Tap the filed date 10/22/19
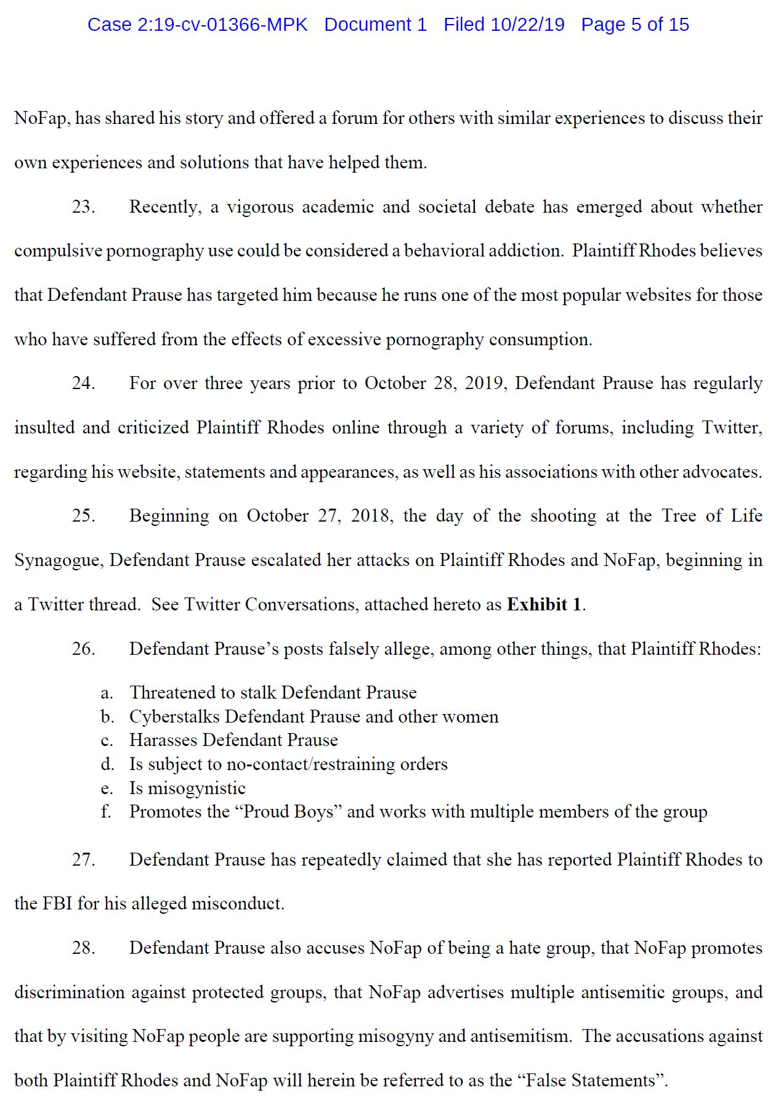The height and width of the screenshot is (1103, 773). point(527,25)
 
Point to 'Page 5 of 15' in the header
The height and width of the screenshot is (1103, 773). point(635,25)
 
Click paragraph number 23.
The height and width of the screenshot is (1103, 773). point(83,207)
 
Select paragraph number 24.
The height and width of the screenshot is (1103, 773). point(83,383)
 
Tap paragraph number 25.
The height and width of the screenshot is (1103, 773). point(83,516)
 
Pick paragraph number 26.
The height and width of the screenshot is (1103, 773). point(83,649)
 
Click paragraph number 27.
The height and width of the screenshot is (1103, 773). point(83,860)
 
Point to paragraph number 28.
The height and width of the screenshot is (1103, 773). point(83,948)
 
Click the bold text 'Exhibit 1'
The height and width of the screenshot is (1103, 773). point(544,605)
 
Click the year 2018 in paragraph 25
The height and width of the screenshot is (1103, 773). point(371,516)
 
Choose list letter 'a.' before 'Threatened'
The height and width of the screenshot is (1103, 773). point(107,693)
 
